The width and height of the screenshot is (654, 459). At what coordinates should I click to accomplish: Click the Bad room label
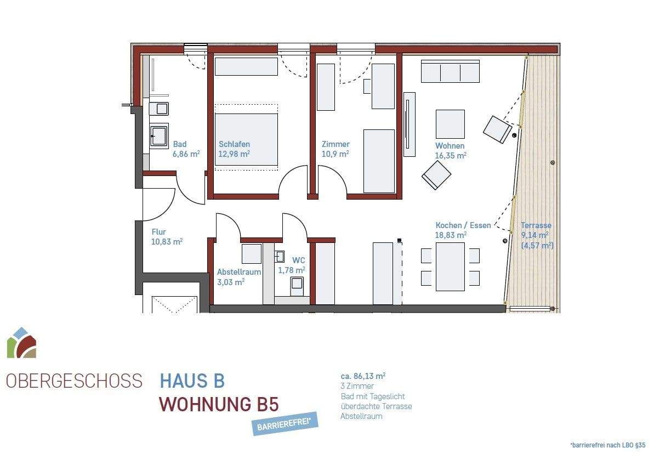(180, 145)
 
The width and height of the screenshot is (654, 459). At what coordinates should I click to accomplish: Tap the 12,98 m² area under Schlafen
(234, 155)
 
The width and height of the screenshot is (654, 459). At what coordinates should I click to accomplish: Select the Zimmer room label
(335, 145)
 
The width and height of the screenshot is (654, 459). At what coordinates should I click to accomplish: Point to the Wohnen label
(450, 146)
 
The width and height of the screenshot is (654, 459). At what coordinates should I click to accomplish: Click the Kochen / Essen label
(463, 225)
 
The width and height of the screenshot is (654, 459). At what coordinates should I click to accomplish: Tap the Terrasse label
(536, 225)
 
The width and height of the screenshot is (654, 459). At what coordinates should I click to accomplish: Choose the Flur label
(158, 232)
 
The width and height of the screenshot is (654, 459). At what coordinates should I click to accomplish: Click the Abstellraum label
(239, 272)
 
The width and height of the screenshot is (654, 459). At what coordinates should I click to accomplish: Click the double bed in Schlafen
(246, 138)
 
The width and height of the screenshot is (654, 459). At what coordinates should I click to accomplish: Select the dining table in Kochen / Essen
(450, 267)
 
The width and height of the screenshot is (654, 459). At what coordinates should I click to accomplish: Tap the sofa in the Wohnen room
(450, 71)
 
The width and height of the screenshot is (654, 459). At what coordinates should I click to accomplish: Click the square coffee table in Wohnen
(450, 124)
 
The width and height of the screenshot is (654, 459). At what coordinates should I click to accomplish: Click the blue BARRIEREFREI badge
(285, 423)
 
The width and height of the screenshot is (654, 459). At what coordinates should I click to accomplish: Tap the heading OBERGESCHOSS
(74, 381)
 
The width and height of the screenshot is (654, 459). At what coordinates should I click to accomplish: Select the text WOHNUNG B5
(219, 405)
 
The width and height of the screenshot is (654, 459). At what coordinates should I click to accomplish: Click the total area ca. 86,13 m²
(363, 377)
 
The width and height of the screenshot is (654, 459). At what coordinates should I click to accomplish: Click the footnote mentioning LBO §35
(608, 445)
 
